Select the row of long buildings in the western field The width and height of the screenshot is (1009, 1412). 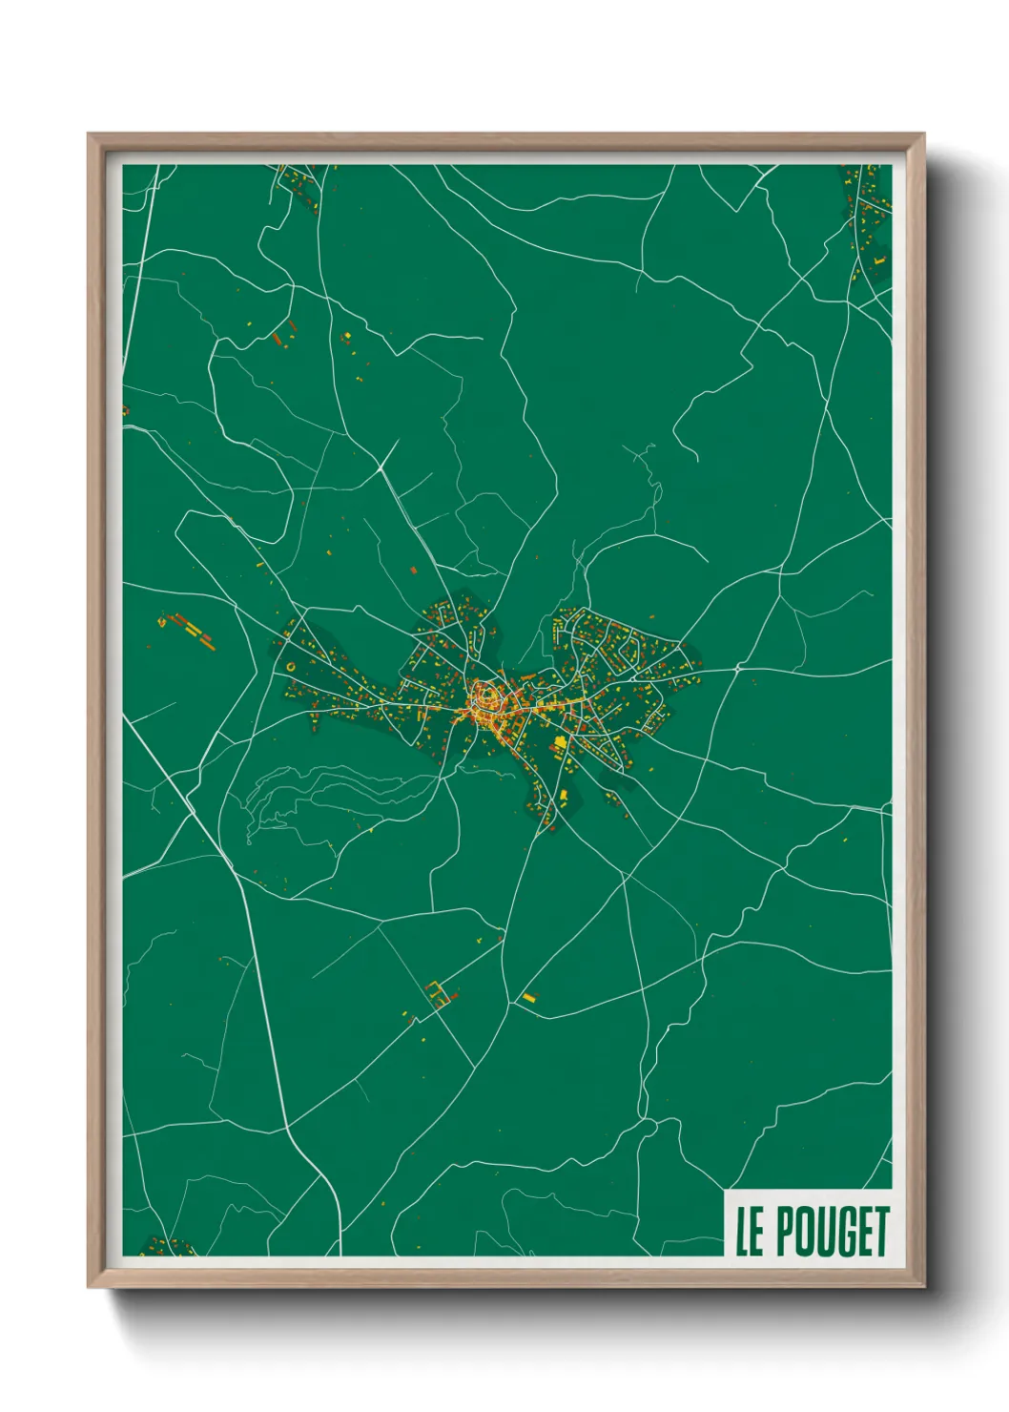click(192, 630)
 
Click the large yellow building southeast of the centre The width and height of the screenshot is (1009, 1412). click(560, 742)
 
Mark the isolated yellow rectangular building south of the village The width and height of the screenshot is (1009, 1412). click(528, 998)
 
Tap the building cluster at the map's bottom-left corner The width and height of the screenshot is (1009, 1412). click(164, 1247)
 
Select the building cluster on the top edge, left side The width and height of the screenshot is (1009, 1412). click(299, 182)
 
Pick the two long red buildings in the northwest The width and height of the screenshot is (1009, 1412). click(281, 334)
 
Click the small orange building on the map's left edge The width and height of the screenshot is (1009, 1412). click(125, 410)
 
